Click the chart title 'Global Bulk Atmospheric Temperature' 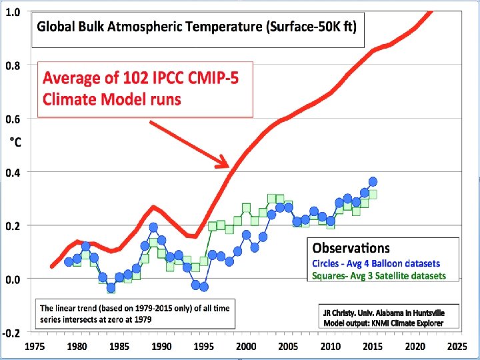tap(197, 28)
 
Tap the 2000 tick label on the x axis tap(246, 347)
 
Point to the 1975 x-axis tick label tap(35, 347)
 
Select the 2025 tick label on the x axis tap(457, 347)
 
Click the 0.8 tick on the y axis tap(13, 65)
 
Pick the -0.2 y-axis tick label tap(11, 332)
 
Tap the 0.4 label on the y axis tap(13, 172)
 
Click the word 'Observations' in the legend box tap(352, 248)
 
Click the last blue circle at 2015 tap(373, 181)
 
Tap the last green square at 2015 tap(373, 194)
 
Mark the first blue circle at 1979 tap(69, 262)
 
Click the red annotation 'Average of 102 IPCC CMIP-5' tap(141, 78)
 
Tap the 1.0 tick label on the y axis tap(13, 13)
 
